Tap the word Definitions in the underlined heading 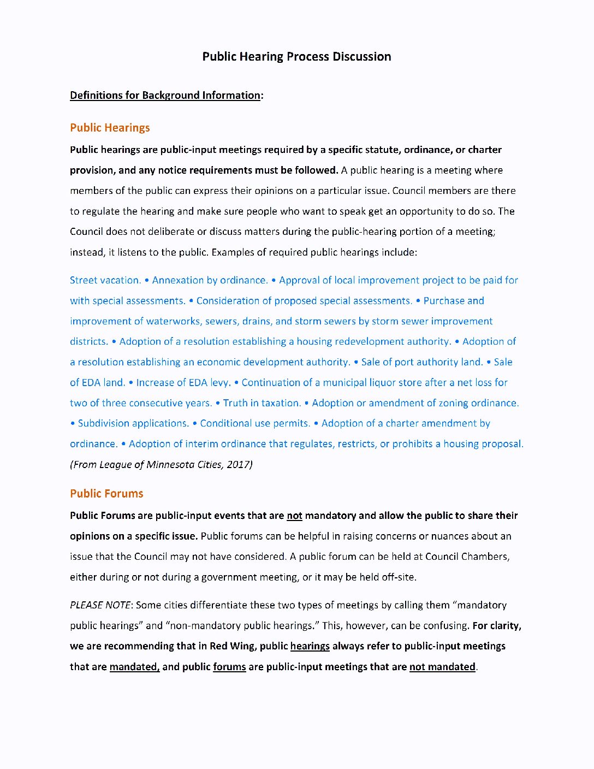point(96,96)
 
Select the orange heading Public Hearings point(110,128)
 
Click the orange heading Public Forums point(106,494)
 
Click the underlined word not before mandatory point(294,516)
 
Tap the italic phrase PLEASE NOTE point(100,605)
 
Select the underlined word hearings point(310,646)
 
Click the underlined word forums point(229,667)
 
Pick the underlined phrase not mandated point(442,667)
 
